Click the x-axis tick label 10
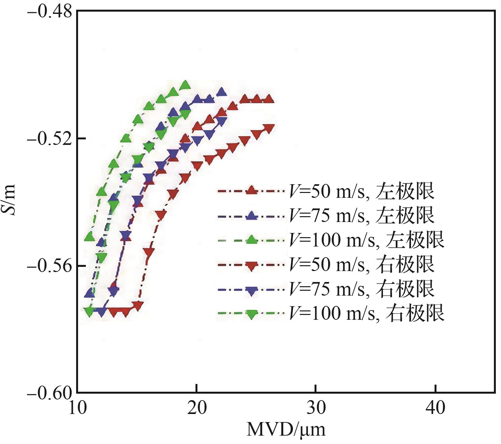click(x=77, y=409)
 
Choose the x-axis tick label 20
click(x=197, y=409)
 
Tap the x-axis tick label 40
click(x=436, y=409)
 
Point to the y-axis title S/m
click(x=12, y=202)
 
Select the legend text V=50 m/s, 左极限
click(x=361, y=191)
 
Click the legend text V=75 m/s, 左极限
click(x=361, y=216)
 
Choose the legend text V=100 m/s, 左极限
click(x=366, y=240)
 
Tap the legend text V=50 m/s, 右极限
click(x=361, y=264)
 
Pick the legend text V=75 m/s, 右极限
click(x=361, y=288)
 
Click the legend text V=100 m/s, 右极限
click(x=366, y=313)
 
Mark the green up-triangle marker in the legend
click(x=252, y=240)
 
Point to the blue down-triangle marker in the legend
click(x=252, y=289)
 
